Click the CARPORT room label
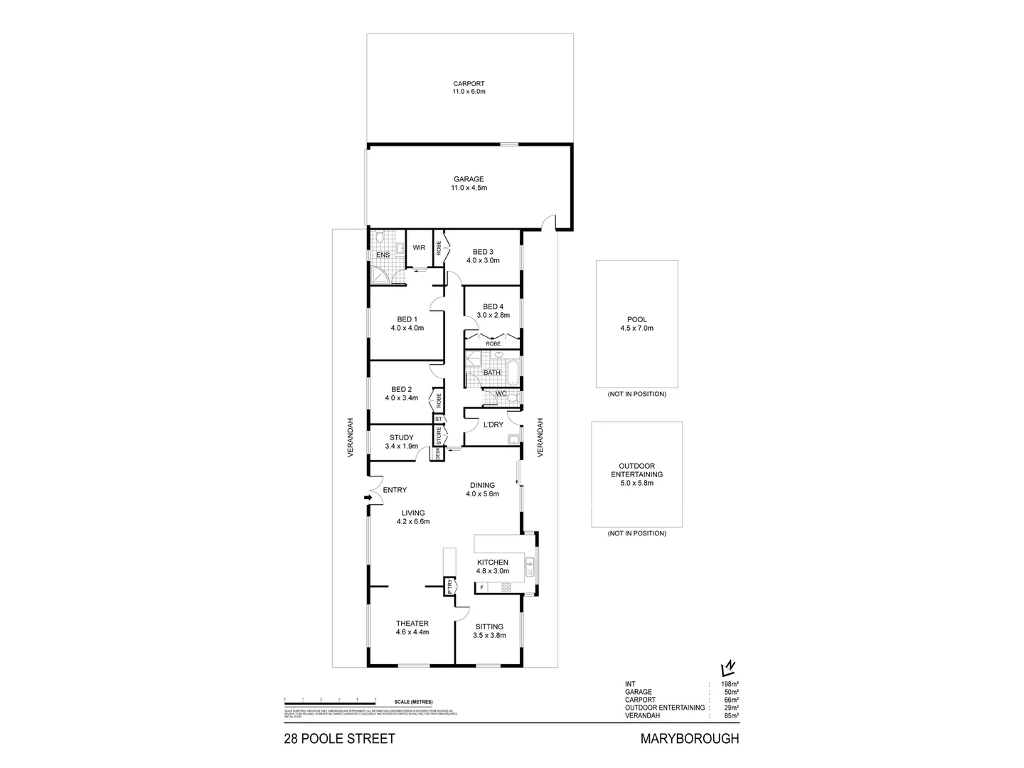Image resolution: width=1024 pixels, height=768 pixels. pos(469,87)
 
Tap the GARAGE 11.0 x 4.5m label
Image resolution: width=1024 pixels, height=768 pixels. pos(469,183)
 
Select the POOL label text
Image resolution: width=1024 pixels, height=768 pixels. pos(636,324)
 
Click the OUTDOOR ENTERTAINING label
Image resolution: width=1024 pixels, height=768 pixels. pos(636,474)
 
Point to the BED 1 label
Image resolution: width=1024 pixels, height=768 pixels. pos(407,324)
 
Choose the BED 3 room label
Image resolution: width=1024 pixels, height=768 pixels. pos(483,256)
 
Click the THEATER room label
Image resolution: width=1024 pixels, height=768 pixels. pos(412,627)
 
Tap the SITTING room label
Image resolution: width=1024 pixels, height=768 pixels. pos(489,631)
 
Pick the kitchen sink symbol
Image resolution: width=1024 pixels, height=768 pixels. pos(529,567)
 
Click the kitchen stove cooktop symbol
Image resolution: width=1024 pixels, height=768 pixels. pos(506,587)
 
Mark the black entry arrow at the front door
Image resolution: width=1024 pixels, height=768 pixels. pos(368,498)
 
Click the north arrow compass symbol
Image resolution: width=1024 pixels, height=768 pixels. pos(727,668)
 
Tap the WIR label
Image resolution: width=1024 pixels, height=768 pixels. pos(419,247)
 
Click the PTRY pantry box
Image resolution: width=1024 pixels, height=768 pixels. pos(450,587)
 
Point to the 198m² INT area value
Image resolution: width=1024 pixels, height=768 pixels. pos(730,684)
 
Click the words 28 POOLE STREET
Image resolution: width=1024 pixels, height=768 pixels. pos(339,739)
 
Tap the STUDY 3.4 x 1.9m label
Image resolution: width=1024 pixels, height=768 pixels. pos(402,442)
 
